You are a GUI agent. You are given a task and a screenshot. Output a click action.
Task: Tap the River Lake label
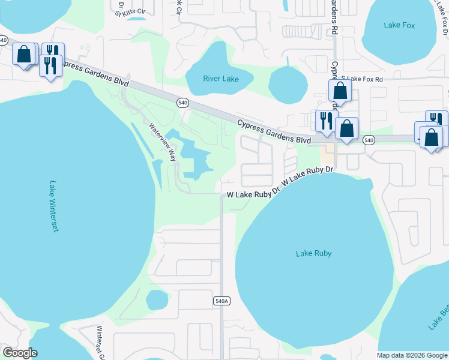[x=221, y=79]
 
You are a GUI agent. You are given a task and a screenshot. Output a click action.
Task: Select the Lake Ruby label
[x=313, y=253]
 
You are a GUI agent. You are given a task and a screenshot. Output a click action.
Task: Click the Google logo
[x=20, y=353]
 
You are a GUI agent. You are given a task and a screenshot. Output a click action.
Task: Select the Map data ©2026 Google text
[x=412, y=355]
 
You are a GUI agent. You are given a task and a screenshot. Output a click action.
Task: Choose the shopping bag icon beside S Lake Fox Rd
[x=340, y=91]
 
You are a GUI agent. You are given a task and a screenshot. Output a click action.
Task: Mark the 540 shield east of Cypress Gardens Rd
[x=369, y=140]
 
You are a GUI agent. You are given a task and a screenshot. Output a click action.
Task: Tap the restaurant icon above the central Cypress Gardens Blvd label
[x=326, y=121]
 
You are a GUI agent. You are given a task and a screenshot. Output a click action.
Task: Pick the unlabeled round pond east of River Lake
[x=288, y=83]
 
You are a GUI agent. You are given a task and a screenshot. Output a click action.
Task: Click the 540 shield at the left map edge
[x=4, y=40]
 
